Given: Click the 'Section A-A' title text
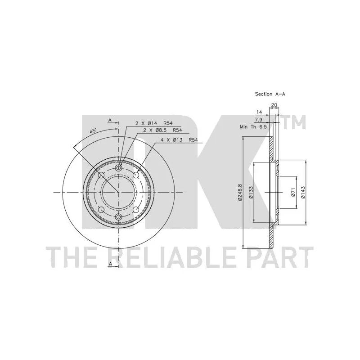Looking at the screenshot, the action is click(x=270, y=94).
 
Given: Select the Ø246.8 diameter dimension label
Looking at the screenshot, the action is click(x=240, y=193).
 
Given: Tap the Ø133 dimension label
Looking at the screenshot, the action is click(x=251, y=193).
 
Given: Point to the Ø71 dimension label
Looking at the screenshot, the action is click(x=293, y=192).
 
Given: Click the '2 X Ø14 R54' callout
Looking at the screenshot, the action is click(x=153, y=123).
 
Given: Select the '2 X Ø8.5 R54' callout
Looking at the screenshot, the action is click(x=162, y=130).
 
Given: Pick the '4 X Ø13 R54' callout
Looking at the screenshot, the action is click(x=179, y=139).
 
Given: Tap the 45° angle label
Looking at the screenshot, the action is click(x=93, y=131).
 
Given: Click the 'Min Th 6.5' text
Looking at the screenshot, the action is click(x=253, y=126).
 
